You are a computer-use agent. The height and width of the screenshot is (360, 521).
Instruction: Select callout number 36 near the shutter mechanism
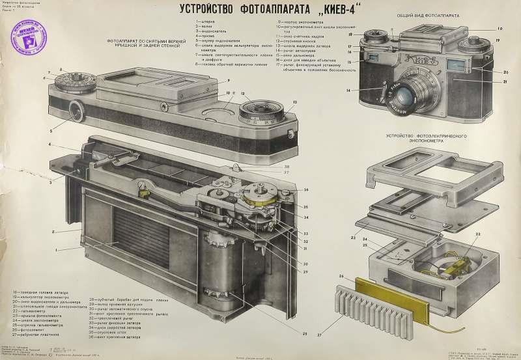pyautogui.click(x=306, y=189)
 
